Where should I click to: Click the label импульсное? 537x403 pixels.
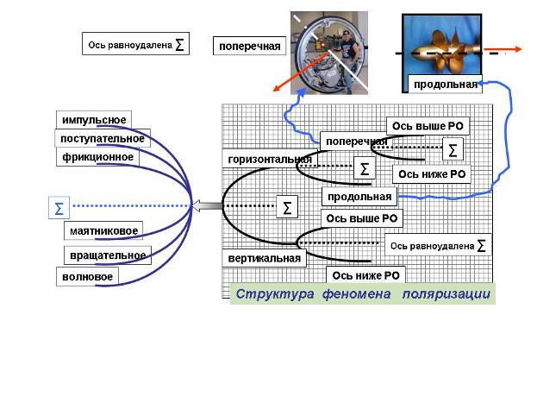click(x=94, y=120)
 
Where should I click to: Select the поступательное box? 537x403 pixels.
click(x=103, y=138)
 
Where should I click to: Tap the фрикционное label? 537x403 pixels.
click(x=97, y=157)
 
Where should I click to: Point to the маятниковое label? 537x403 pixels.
click(x=103, y=230)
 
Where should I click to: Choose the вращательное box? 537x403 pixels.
click(x=108, y=255)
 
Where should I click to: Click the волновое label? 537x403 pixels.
click(x=87, y=276)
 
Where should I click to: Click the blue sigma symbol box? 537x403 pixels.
click(x=59, y=208)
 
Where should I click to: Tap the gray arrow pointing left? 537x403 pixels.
click(x=206, y=205)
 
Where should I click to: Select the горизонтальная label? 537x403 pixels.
click(x=270, y=159)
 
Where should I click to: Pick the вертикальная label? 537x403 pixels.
click(x=264, y=258)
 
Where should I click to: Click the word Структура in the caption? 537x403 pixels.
click(x=275, y=294)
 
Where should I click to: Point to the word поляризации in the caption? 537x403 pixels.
click(x=446, y=294)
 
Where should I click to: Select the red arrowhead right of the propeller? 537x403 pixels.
click(x=517, y=49)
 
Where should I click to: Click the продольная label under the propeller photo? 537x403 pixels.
click(x=445, y=84)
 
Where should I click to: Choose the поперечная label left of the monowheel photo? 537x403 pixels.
click(x=249, y=46)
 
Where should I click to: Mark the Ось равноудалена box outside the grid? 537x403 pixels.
click(x=135, y=43)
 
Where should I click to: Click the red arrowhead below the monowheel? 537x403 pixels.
click(x=277, y=89)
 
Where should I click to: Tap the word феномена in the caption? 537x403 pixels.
click(x=357, y=294)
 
